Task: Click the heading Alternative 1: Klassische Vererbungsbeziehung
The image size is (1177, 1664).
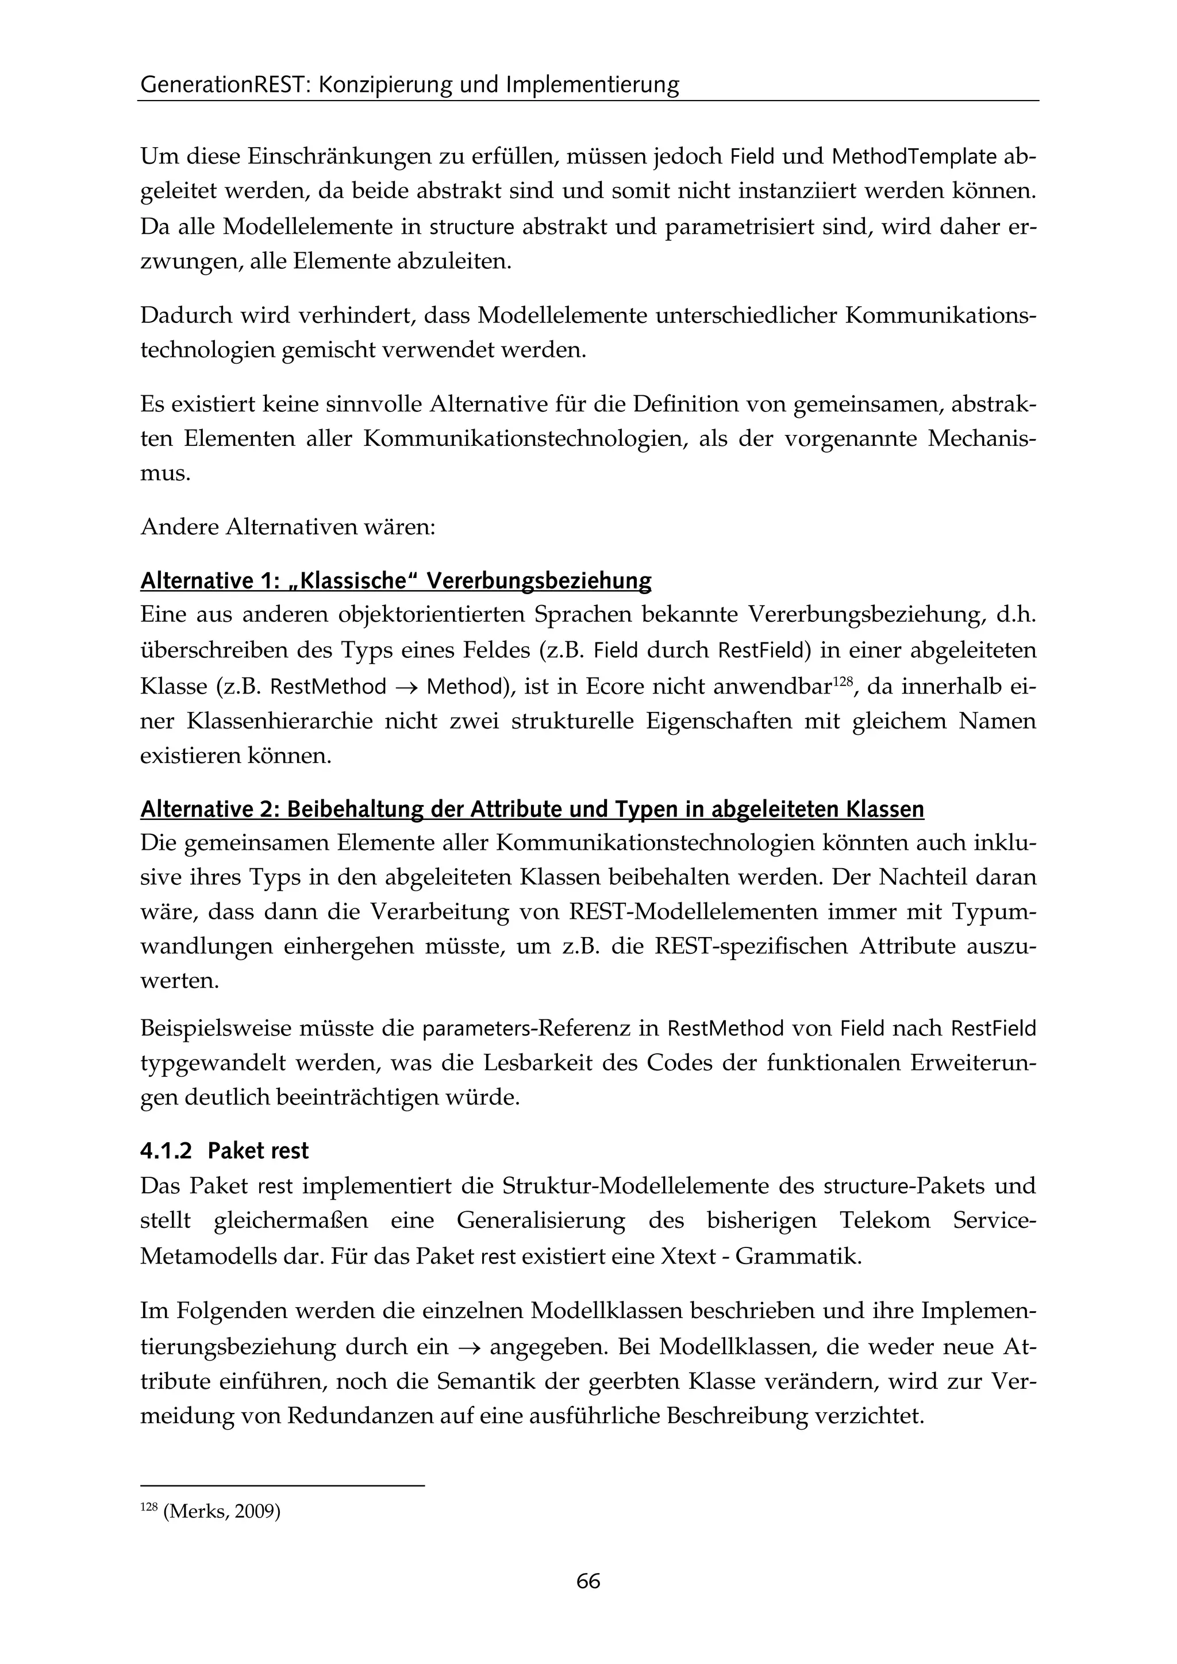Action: point(396,581)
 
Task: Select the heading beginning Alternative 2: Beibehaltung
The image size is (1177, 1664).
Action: point(532,810)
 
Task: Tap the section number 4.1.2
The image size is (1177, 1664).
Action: point(166,1151)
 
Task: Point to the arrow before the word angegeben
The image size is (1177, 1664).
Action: point(469,1348)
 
